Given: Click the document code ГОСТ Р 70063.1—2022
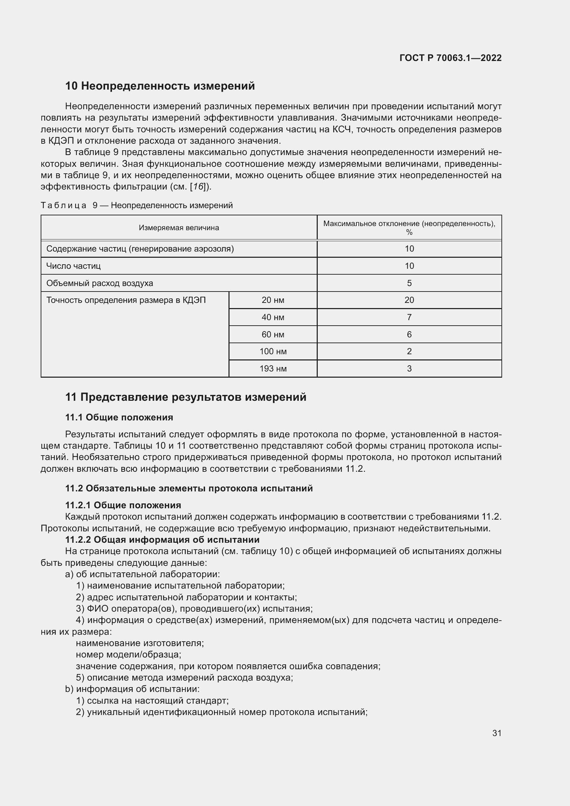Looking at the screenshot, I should [450, 58].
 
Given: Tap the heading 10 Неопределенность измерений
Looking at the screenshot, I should [160, 86].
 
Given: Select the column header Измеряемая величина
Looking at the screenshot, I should [179, 228].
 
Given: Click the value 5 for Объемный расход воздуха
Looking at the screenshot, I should [409, 283].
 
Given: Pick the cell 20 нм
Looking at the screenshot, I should [273, 300].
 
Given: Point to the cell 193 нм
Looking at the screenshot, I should [273, 369].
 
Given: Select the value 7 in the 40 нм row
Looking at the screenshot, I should [409, 317].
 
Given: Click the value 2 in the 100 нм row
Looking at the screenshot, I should [409, 351].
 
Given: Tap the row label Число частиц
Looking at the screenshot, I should [73, 266].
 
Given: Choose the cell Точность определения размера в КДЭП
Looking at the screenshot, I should [126, 300].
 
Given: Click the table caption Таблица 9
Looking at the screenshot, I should [136, 205].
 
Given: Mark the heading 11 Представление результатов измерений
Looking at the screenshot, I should [186, 397].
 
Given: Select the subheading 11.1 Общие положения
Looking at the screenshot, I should [119, 417].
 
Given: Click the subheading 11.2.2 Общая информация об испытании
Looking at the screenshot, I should [162, 540].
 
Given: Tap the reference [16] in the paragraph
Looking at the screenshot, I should [199, 187].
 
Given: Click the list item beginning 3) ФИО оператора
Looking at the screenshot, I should [194, 609].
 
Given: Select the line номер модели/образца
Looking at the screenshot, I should [129, 655].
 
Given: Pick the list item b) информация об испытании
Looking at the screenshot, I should [132, 689].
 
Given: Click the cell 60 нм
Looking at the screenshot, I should [273, 335].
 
